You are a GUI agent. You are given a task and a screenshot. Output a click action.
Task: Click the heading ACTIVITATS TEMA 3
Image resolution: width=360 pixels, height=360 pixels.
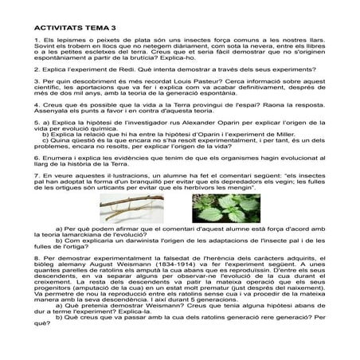click(x=71, y=25)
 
